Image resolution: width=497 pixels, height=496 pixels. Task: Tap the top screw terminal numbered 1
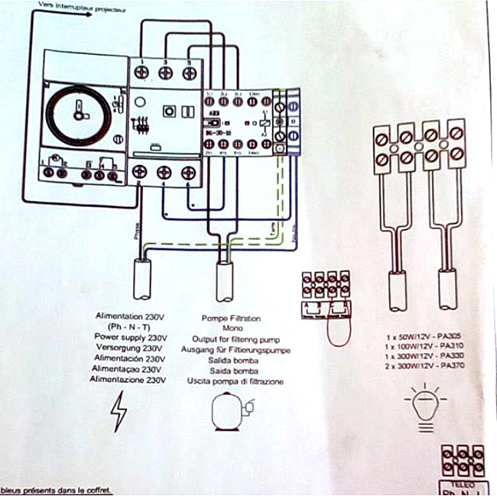point(141,72)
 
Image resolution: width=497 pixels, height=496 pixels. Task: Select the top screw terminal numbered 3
point(164,72)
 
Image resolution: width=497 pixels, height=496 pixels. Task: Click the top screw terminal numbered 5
point(187,72)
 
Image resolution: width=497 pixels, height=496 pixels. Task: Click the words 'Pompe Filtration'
point(231,316)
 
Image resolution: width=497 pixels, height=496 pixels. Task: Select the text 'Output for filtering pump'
point(236,338)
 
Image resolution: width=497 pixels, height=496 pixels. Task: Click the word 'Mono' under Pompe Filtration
point(232,327)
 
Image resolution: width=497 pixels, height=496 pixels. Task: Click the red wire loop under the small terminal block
point(334,330)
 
